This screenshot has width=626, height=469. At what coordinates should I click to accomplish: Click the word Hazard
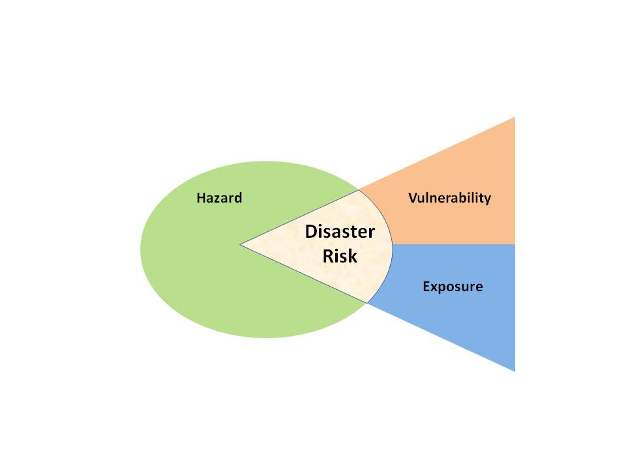coord(219,197)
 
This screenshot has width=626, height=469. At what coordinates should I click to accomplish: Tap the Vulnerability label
coord(449,197)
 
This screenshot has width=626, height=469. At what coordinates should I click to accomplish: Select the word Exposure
coord(453,286)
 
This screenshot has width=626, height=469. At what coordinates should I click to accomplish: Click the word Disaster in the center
coord(340,232)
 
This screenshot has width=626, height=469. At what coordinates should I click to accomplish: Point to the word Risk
coord(340,256)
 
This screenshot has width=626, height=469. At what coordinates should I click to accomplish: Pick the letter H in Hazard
coord(201,197)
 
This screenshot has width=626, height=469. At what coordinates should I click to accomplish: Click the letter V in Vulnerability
coord(413,197)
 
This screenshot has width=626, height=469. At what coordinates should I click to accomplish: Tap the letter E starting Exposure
coord(426,286)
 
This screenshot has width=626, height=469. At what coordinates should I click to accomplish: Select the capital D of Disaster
coord(311,232)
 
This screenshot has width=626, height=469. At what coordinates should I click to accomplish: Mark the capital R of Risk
coord(327,256)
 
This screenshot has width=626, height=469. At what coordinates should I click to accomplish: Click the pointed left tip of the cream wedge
coord(241,245)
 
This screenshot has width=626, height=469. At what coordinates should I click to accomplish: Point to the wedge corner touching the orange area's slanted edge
coord(359,190)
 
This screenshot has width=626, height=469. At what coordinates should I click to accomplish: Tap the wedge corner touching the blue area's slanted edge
coord(368,303)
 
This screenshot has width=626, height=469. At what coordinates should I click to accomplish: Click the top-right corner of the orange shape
coord(514,118)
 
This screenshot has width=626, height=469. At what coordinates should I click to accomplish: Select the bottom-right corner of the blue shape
coord(514,371)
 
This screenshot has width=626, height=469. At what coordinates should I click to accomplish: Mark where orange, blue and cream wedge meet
coord(393,244)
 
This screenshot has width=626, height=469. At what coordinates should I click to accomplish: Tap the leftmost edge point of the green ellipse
coord(141,249)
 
